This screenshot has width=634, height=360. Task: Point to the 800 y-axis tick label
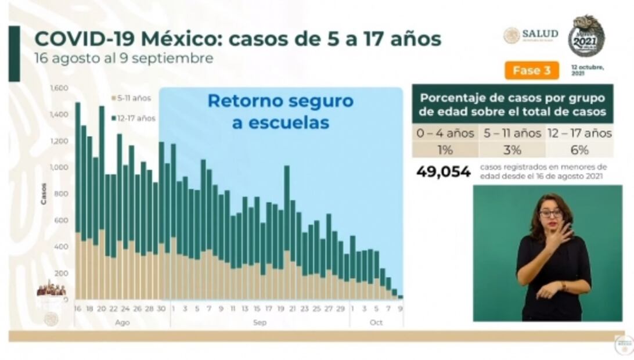[62, 194]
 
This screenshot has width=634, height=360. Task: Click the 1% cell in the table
[445, 150]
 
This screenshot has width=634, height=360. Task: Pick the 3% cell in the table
[512, 150]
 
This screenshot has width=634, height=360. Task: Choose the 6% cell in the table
[579, 150]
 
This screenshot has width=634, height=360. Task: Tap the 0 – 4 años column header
[445, 134]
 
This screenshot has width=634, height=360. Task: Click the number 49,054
[444, 172]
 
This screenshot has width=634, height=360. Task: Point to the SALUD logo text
[540, 34]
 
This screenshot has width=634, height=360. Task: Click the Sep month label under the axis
[260, 322]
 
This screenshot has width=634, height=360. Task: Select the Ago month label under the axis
[122, 322]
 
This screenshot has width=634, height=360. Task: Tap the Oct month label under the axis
[376, 322]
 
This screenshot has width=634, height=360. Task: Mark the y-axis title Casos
[44, 193]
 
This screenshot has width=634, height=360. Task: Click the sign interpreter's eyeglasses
[550, 214]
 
